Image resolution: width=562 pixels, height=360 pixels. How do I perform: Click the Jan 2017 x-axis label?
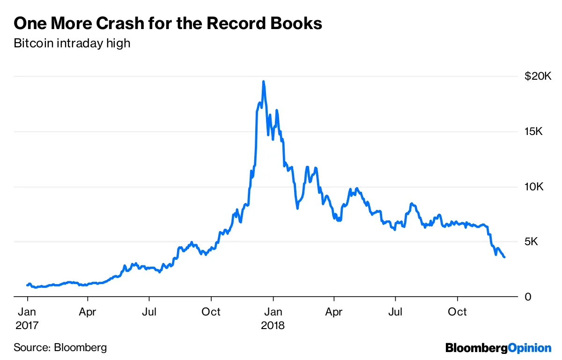click(x=28, y=318)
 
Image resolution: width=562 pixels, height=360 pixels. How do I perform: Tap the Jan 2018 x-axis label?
click(x=273, y=318)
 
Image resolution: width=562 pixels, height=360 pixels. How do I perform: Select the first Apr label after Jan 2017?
click(x=87, y=312)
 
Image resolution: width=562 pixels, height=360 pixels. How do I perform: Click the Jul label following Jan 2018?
click(x=396, y=312)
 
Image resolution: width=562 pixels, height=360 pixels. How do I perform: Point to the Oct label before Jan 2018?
click(x=211, y=312)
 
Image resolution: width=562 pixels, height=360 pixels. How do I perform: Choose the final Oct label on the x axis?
click(x=457, y=312)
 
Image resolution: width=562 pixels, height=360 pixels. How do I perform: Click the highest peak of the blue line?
click(x=264, y=82)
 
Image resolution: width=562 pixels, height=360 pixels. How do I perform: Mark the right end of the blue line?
click(x=504, y=257)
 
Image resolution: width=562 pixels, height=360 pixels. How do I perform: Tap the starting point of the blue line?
click(x=28, y=285)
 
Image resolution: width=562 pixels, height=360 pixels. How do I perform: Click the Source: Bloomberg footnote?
click(x=60, y=347)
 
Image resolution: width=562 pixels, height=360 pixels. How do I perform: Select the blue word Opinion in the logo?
click(x=530, y=348)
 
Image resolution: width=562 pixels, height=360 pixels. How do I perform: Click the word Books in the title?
click(x=299, y=23)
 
